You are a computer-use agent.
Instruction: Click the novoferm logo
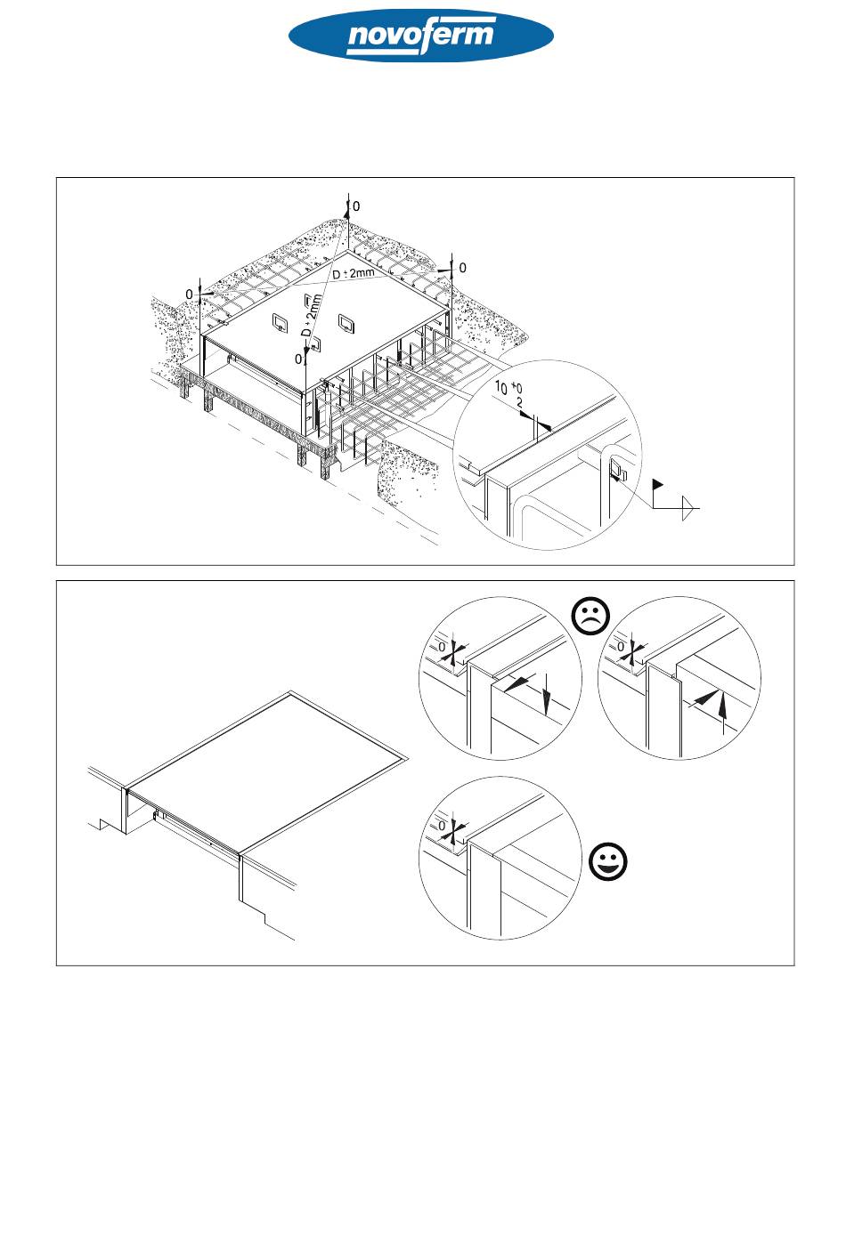[x=421, y=36]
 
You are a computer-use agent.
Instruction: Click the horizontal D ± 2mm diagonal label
[x=354, y=273]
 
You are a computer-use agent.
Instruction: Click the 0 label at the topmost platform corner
[x=356, y=206]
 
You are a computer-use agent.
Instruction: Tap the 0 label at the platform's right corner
[x=462, y=268]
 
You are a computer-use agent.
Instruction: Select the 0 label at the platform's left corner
[x=190, y=295]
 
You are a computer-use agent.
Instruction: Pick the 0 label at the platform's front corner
[x=298, y=359]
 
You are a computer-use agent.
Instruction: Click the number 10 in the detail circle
[x=501, y=387]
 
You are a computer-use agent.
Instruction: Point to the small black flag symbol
[x=658, y=484]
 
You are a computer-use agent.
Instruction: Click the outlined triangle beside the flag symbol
[x=687, y=507]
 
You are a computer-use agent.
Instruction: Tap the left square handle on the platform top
[x=280, y=322]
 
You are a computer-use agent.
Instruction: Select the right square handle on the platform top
[x=346, y=323]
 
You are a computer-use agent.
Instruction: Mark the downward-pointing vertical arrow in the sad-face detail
[x=546, y=694]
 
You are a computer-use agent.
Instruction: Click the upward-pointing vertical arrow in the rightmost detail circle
[x=722, y=713]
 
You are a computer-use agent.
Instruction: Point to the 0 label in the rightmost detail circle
[x=621, y=647]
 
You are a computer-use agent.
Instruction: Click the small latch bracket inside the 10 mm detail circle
[x=617, y=471]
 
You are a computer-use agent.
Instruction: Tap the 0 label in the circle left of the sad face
[x=442, y=647]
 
